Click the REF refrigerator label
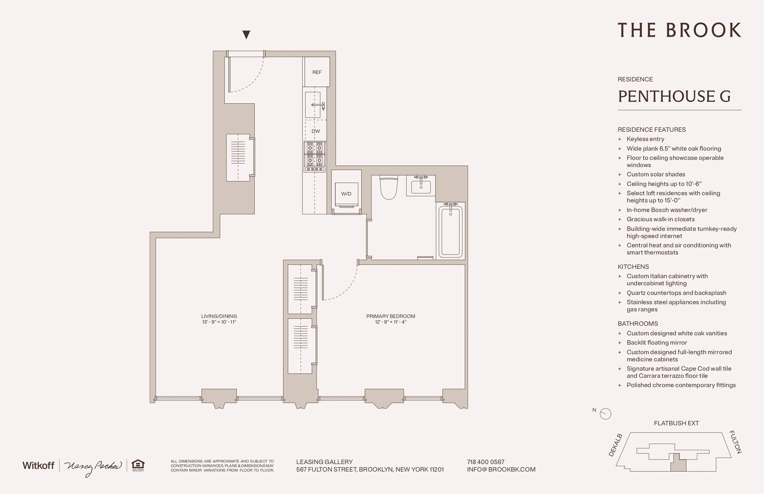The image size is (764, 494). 317,72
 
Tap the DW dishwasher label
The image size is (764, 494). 315,131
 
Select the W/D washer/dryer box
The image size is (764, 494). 346,194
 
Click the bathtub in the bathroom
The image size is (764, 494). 450,230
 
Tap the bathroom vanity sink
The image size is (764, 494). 421,186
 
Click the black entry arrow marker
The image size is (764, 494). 246,34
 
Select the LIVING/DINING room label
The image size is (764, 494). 219,316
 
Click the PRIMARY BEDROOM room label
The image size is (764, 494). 391,316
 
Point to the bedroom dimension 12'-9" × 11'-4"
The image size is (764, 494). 391,322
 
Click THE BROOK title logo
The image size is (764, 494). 679,30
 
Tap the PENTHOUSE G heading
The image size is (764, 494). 674,96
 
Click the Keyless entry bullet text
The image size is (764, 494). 645,139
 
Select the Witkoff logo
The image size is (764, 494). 38,466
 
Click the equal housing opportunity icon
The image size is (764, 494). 138,465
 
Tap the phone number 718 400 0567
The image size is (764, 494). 485,462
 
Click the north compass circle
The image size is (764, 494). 606,413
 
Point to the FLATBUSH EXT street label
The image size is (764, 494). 676,423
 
